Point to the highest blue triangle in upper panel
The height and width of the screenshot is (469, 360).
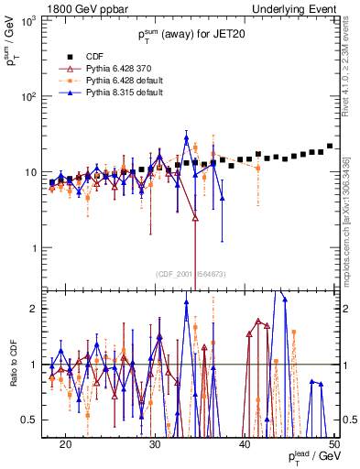(187, 138)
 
